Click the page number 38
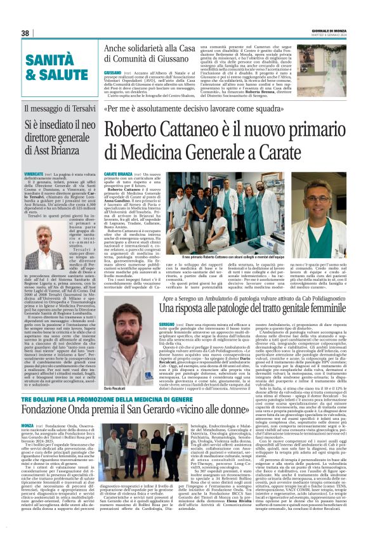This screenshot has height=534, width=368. (x=26, y=33)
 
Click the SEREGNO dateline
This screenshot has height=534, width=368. (x=114, y=323)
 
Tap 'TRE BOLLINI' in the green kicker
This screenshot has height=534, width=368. (x=41, y=398)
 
